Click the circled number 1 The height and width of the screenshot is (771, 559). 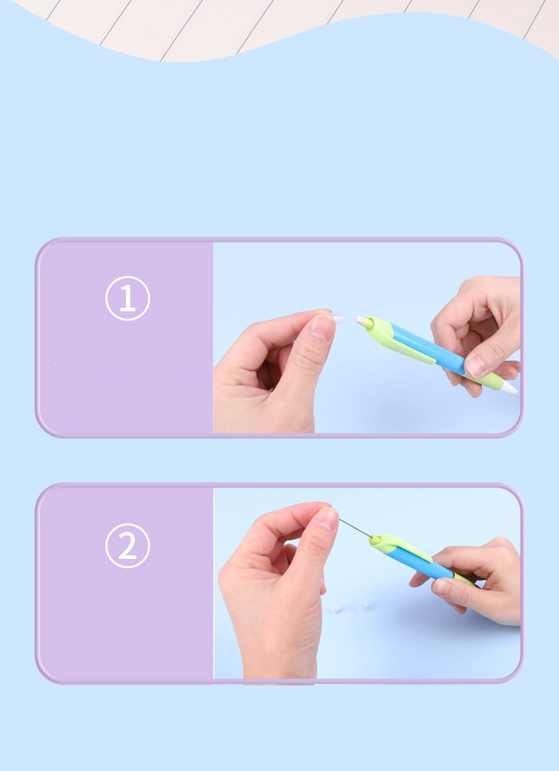click(127, 298)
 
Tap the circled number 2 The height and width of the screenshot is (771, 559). click(127, 545)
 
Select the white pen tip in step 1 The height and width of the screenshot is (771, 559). click(509, 388)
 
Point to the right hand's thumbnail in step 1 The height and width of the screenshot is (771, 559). click(476, 365)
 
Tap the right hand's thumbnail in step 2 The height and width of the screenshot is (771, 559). click(441, 586)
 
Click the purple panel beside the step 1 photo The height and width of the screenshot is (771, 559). click(126, 375)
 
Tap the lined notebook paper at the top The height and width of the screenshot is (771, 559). click(283, 21)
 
